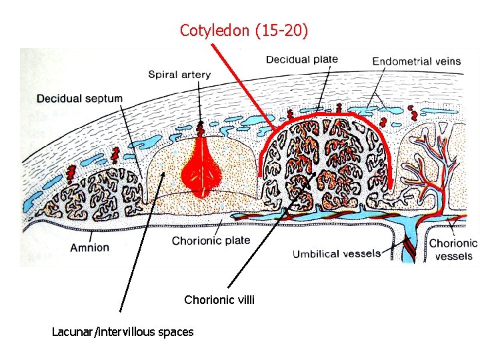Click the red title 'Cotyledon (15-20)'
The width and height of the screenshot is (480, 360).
(x=244, y=31)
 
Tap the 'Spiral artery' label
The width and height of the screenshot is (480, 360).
(x=179, y=75)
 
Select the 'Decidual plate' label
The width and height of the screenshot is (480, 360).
(x=302, y=59)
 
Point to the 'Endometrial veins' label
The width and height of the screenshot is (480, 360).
(x=416, y=61)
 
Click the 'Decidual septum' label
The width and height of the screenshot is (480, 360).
(x=79, y=99)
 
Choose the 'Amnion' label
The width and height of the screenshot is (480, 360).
(x=89, y=247)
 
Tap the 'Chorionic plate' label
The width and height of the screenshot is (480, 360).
(x=211, y=241)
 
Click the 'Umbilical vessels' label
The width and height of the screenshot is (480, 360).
(x=337, y=253)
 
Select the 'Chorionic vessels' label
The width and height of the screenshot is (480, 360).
(x=453, y=249)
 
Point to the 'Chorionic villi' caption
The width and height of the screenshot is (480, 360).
(x=219, y=300)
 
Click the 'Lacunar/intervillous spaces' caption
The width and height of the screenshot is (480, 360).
(x=123, y=331)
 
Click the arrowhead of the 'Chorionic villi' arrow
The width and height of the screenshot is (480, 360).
(x=313, y=175)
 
